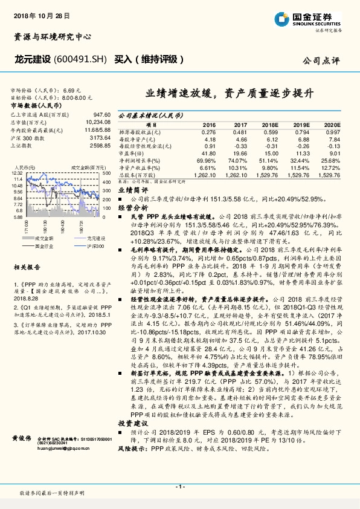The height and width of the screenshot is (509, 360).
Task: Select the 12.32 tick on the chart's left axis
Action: click(x=16, y=173)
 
